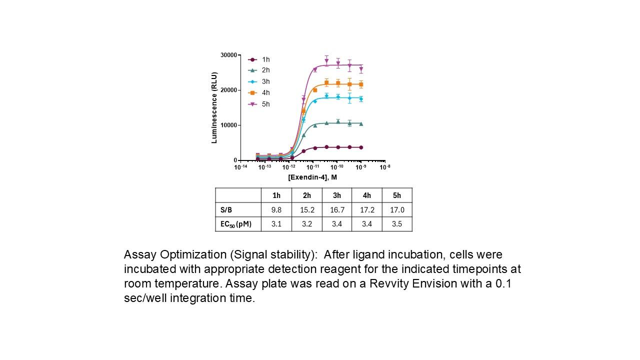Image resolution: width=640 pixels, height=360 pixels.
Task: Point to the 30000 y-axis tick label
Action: [228, 55]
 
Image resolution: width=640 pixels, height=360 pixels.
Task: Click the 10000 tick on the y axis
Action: [228, 125]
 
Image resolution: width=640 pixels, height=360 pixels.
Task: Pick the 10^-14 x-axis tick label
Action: [241, 167]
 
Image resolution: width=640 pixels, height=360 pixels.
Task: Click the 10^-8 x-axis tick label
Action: [385, 167]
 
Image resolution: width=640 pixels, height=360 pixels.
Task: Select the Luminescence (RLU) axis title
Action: [214, 107]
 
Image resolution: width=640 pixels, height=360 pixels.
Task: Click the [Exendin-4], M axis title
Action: [312, 177]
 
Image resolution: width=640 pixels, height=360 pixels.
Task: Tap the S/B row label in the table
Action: [226, 210]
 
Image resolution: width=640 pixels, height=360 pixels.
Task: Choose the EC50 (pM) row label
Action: [236, 224]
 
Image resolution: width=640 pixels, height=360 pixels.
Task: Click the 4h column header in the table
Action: [367, 195]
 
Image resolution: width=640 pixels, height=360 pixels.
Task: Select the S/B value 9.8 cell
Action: [276, 210]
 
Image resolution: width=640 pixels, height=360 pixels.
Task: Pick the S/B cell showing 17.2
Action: [367, 210]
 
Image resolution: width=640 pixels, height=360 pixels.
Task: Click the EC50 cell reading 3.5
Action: [397, 224]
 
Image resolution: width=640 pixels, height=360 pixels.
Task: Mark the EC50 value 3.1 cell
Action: [276, 224]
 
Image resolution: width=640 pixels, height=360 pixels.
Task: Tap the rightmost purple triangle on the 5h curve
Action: [361, 69]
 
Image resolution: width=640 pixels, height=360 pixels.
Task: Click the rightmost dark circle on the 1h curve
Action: [361, 147]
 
